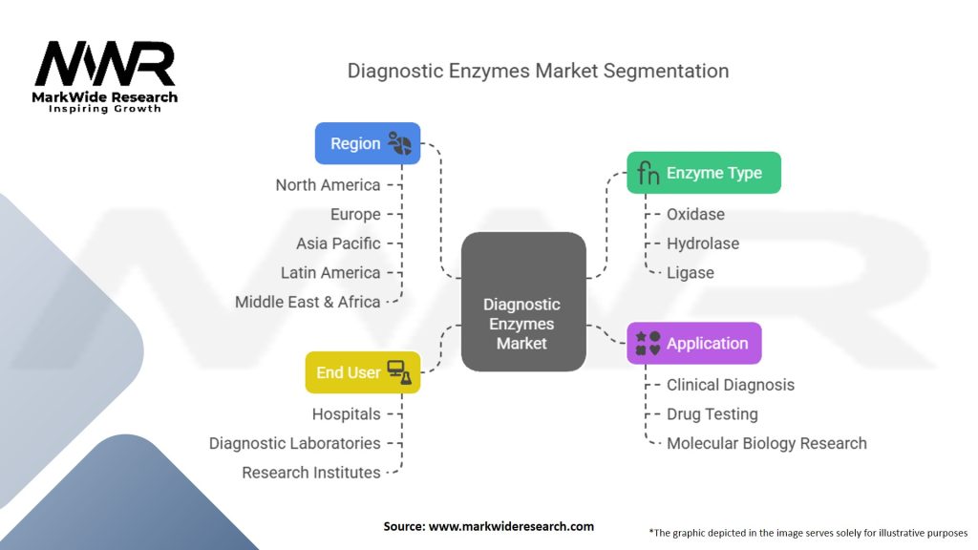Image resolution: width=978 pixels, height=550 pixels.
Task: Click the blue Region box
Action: [x=368, y=143]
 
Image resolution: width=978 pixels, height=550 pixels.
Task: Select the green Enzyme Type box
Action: [x=704, y=173]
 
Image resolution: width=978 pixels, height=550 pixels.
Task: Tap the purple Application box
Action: [x=694, y=343]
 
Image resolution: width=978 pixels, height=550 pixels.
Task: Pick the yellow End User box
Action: [x=362, y=372]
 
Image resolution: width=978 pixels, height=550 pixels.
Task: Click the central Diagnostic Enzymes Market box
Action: [x=523, y=302]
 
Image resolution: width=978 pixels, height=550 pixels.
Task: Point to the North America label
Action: [x=329, y=185]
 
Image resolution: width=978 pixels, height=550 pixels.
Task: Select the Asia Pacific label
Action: [x=338, y=243]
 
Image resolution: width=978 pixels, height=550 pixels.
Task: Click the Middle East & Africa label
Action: [x=308, y=302]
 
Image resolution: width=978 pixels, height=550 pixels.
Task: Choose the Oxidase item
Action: [x=695, y=215]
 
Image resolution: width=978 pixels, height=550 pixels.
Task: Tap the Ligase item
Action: [x=691, y=272]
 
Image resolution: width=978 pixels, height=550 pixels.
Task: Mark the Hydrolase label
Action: [x=703, y=243]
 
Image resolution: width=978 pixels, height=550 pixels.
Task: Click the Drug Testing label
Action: [x=712, y=414]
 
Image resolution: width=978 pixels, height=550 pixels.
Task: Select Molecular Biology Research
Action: [x=767, y=443]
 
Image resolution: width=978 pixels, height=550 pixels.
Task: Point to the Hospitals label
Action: [x=346, y=414]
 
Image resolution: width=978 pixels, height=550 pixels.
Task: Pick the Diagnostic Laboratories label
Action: [x=294, y=443]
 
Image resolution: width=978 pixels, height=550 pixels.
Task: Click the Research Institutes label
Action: [x=311, y=473]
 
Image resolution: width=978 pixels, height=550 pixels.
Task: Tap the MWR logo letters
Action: [x=105, y=64]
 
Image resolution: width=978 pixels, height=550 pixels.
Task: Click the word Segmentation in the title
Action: [x=666, y=71]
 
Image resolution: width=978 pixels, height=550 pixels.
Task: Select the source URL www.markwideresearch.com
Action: [x=511, y=526]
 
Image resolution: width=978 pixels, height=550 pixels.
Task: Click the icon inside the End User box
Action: [x=399, y=372]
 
